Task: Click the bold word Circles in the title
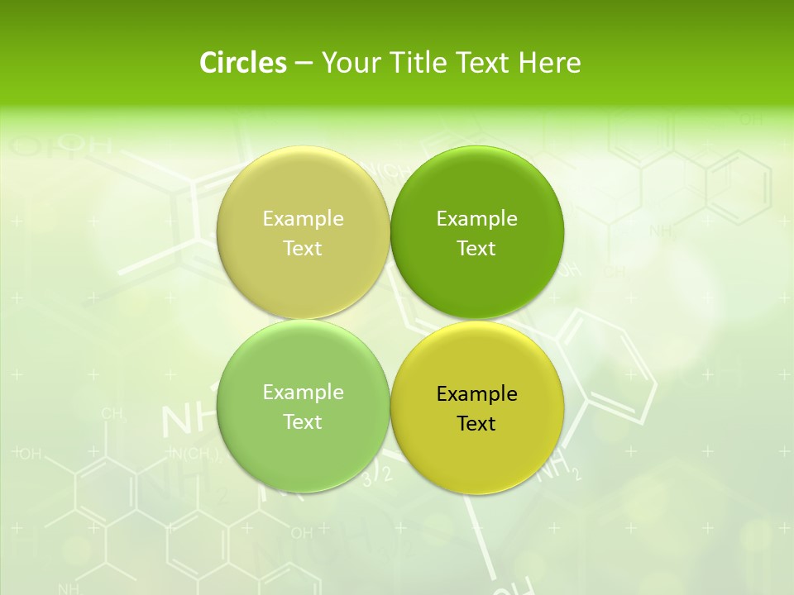pyautogui.click(x=243, y=63)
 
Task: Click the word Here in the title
pyautogui.click(x=549, y=63)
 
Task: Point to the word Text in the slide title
pyautogui.click(x=485, y=63)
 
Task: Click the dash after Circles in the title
pyautogui.click(x=304, y=64)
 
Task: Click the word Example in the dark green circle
pyautogui.click(x=477, y=219)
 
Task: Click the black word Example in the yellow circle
pyautogui.click(x=477, y=394)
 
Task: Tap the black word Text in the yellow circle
pyautogui.click(x=476, y=424)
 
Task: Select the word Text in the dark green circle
pyautogui.click(x=476, y=249)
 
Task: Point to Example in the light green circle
pyautogui.click(x=303, y=393)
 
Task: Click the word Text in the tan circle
pyautogui.click(x=303, y=249)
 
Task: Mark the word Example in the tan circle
pyautogui.click(x=303, y=219)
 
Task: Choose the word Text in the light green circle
pyautogui.click(x=303, y=422)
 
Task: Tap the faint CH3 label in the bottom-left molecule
pyautogui.click(x=113, y=414)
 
